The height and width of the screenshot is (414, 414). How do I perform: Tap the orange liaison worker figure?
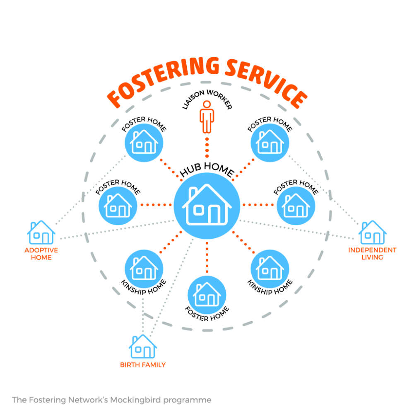point(207,117)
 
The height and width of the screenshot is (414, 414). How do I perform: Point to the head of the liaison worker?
point(207,104)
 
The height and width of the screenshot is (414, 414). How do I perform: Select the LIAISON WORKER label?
point(207,98)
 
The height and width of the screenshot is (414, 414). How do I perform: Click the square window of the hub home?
point(199,210)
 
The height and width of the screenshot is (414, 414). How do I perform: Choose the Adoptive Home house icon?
point(41,232)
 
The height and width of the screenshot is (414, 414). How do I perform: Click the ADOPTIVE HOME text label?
point(41,254)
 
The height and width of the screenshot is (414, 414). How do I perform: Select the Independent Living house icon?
point(372,232)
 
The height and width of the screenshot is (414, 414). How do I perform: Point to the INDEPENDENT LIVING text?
point(372,254)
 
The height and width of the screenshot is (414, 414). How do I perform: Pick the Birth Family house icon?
point(143,346)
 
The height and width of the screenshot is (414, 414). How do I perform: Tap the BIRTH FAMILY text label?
point(143,365)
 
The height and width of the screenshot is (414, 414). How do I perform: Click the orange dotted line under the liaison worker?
point(207,148)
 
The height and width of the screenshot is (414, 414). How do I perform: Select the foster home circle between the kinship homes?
point(207,295)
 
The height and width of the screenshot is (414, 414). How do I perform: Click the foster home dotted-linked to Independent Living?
point(270,143)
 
